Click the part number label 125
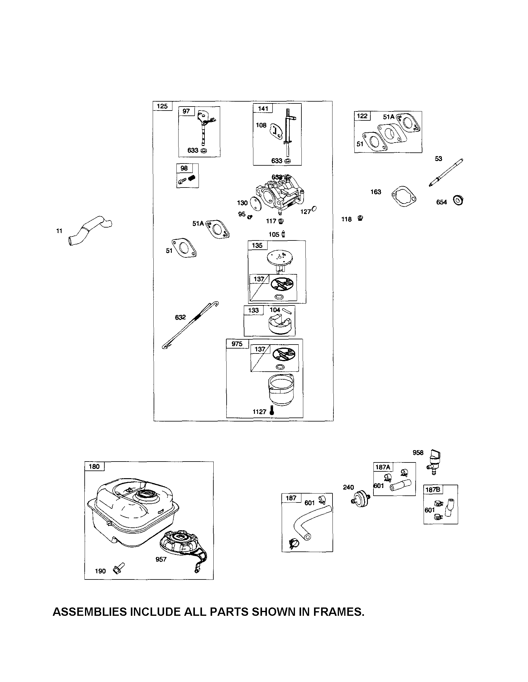click(x=162, y=106)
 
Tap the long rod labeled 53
click(x=446, y=173)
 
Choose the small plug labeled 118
click(x=360, y=218)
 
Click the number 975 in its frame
click(x=237, y=344)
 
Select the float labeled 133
click(x=280, y=326)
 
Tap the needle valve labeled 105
click(x=283, y=234)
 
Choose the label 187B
click(x=433, y=490)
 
